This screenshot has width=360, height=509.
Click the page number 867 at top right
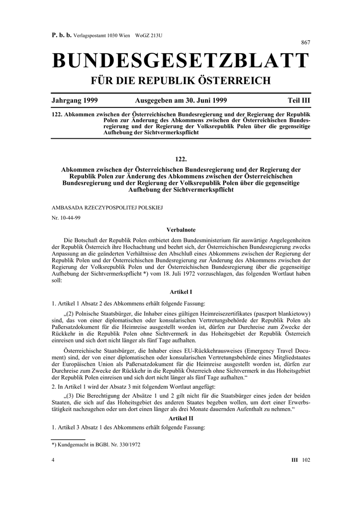click(306, 43)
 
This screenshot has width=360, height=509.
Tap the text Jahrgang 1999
click(75, 100)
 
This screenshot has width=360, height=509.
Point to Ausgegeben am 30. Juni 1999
click(181, 100)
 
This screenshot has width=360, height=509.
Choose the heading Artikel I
click(181, 292)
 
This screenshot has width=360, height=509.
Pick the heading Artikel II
click(181, 419)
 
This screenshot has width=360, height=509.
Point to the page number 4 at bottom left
click(53, 460)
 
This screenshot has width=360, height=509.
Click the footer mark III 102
click(300, 460)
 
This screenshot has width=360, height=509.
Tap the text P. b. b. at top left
click(62, 35)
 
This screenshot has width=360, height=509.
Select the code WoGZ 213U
click(150, 35)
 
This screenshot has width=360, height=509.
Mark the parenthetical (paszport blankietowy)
click(282, 314)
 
